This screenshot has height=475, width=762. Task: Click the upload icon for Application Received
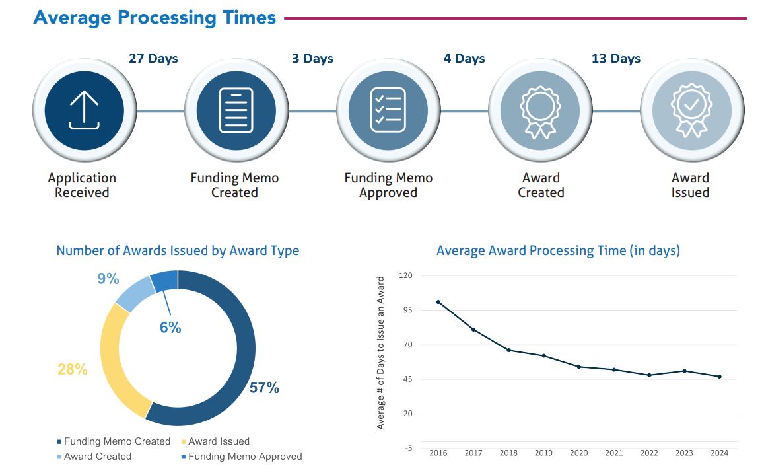pyautogui.click(x=84, y=110)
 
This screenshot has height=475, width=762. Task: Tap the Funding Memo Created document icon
pyautogui.click(x=236, y=110)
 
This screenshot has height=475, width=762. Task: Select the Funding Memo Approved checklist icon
pyautogui.click(x=388, y=110)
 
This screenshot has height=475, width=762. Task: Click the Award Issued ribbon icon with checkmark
pyautogui.click(x=691, y=110)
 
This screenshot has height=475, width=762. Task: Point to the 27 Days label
pyautogui.click(x=153, y=59)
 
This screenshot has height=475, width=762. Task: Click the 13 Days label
pyautogui.click(x=615, y=59)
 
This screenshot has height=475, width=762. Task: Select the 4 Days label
pyautogui.click(x=464, y=59)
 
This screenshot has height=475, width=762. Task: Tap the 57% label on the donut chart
pyautogui.click(x=264, y=388)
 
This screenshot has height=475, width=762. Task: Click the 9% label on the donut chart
pyautogui.click(x=108, y=279)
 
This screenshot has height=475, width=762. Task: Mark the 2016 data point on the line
pyautogui.click(x=438, y=302)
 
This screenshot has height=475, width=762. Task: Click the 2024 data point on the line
pyautogui.click(x=719, y=377)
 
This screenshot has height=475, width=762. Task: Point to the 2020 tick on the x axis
pyautogui.click(x=578, y=453)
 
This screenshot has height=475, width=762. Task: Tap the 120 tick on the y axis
pyautogui.click(x=405, y=275)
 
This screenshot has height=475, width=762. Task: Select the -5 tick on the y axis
pyautogui.click(x=408, y=449)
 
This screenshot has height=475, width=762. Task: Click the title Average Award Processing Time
pyautogui.click(x=558, y=251)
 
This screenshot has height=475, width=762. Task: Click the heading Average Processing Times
pyautogui.click(x=155, y=17)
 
